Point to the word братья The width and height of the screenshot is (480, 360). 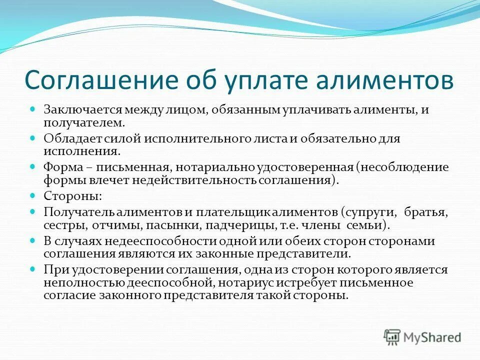[x=427, y=211]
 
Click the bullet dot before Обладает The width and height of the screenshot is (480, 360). [x=33, y=137]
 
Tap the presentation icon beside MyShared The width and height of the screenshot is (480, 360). [x=392, y=337]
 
